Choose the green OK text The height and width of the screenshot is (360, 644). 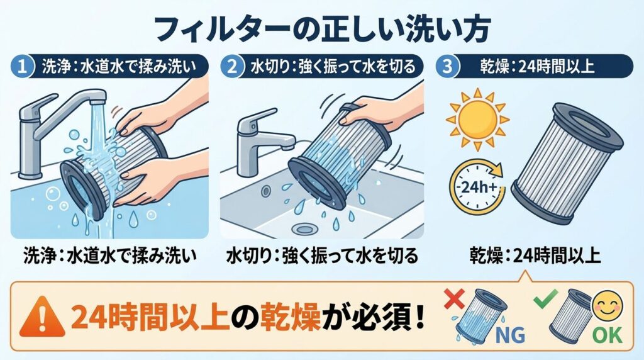606,334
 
